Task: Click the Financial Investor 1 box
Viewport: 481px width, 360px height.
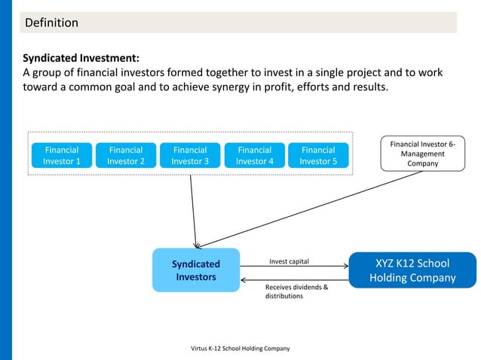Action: point(62,155)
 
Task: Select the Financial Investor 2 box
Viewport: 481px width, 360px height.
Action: point(126,155)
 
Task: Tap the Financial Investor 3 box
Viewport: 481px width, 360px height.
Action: point(190,155)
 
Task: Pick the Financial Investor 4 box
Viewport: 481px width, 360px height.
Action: point(254,155)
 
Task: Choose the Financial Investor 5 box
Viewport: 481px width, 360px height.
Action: point(318,155)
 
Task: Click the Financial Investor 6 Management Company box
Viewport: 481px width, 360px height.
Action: point(423,153)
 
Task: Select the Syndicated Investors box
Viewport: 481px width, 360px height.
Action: point(196,270)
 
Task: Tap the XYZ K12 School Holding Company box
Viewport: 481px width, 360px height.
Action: point(412,270)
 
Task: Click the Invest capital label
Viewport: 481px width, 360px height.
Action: point(289,262)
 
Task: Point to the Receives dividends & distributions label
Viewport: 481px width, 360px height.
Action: point(296,291)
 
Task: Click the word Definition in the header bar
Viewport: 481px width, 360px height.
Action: point(52,23)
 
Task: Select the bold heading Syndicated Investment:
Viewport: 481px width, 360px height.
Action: point(81,58)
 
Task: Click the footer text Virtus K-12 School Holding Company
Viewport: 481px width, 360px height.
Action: point(240,348)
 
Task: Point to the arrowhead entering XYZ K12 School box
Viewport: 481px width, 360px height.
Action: point(345,264)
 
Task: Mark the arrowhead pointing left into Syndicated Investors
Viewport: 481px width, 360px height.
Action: point(244,280)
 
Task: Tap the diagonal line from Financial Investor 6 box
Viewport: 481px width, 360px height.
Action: point(309,210)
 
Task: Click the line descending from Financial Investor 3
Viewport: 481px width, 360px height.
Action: point(193,211)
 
